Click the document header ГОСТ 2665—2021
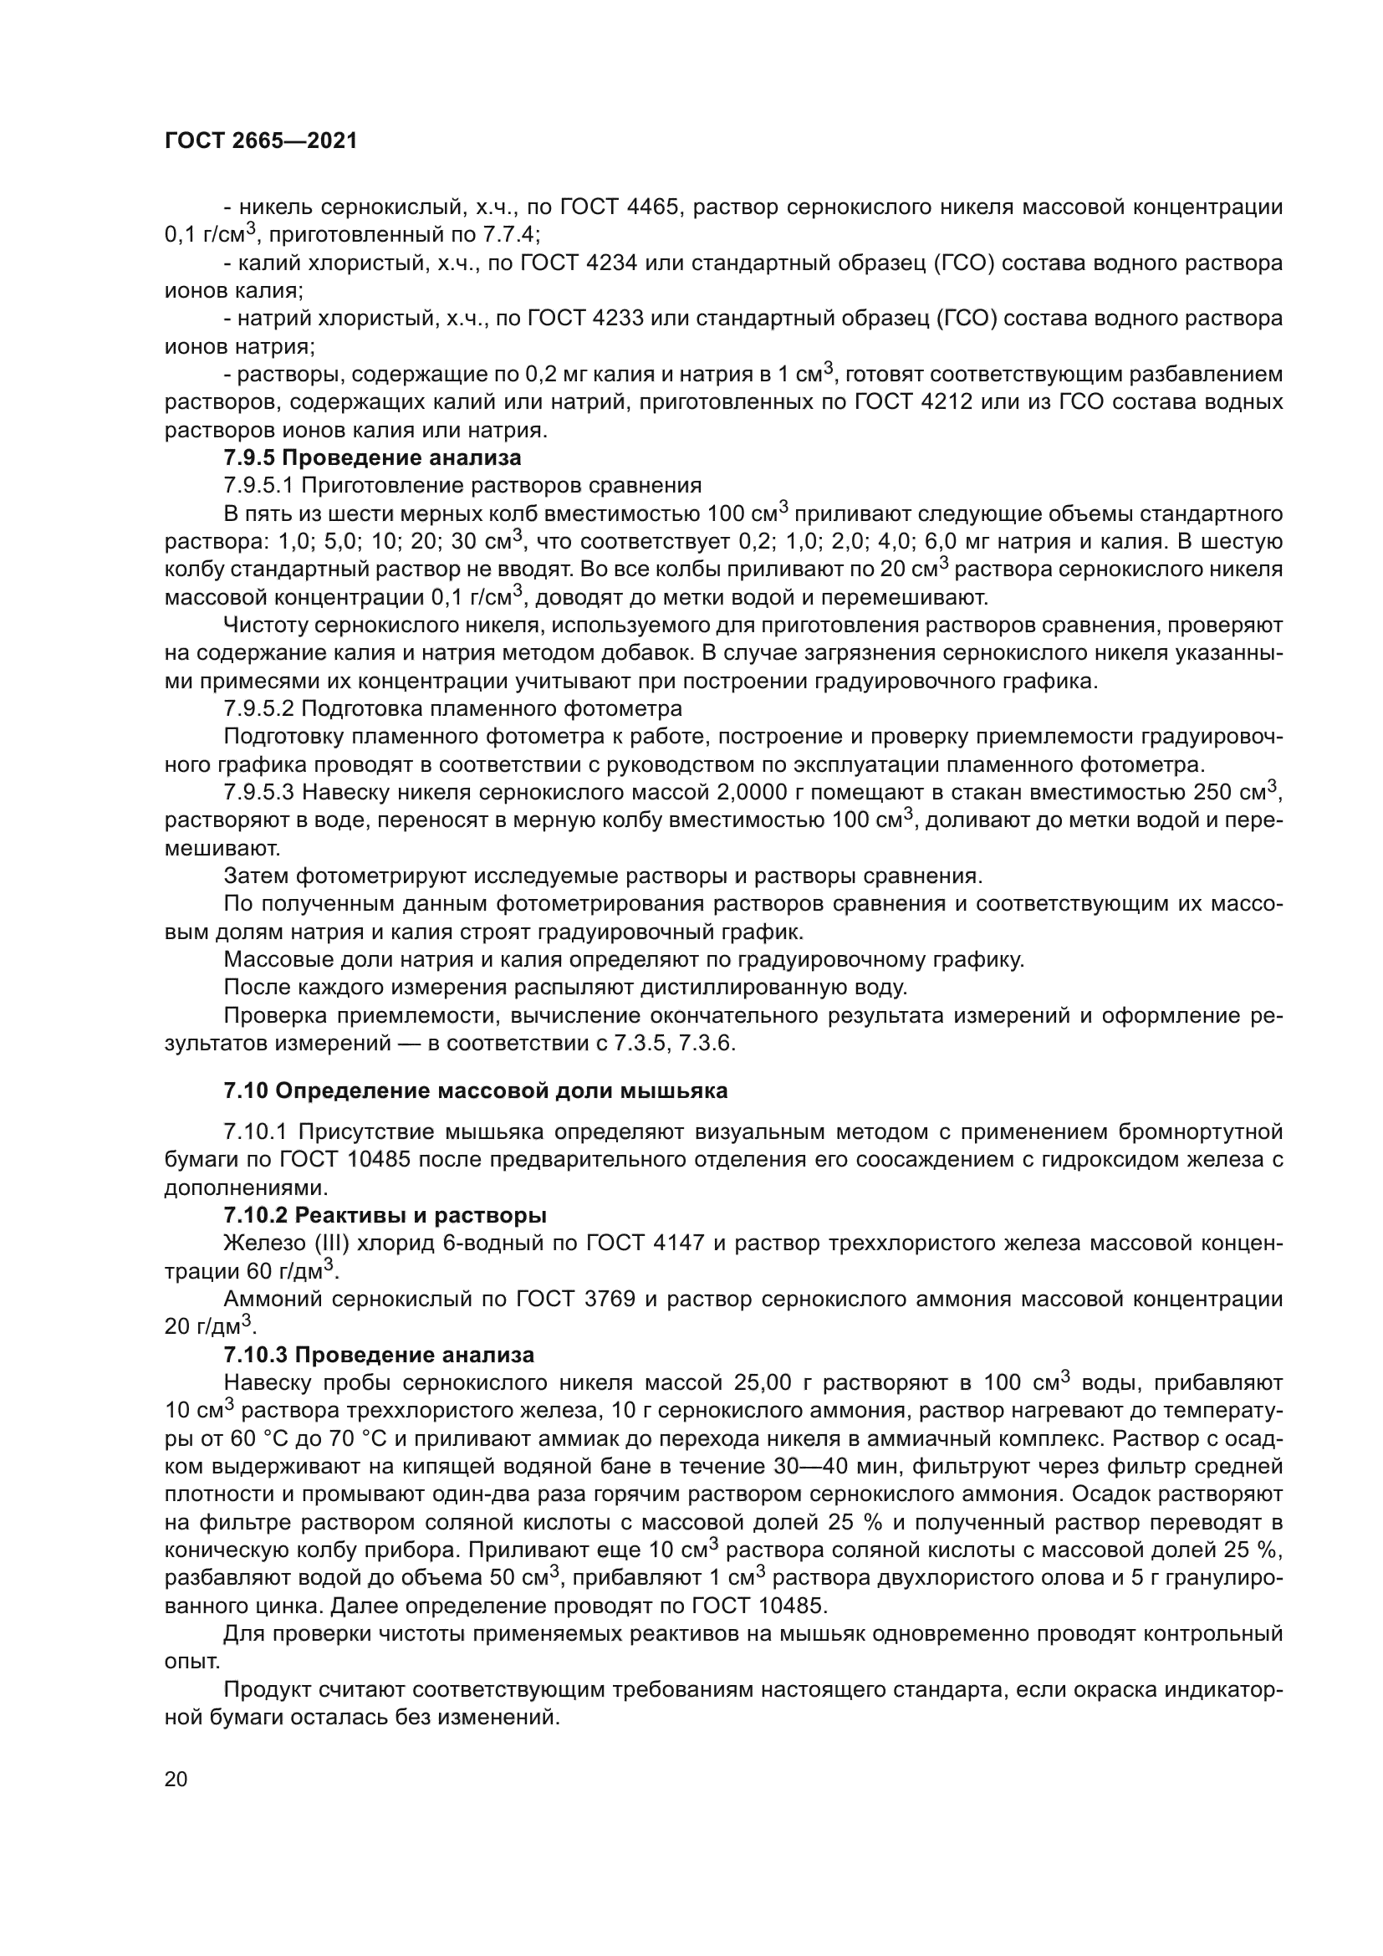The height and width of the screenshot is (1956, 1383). coord(261,141)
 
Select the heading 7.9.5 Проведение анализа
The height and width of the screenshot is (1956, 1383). coord(372,457)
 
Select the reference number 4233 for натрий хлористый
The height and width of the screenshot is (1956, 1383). coord(615,319)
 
